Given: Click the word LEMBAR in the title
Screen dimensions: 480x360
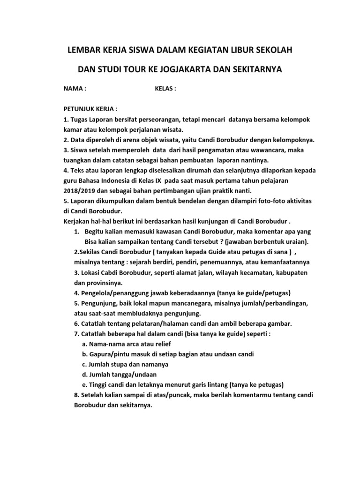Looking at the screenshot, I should (83, 50).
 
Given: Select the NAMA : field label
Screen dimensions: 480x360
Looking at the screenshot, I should (75, 89).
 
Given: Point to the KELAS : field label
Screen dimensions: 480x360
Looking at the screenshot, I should (165, 89).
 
